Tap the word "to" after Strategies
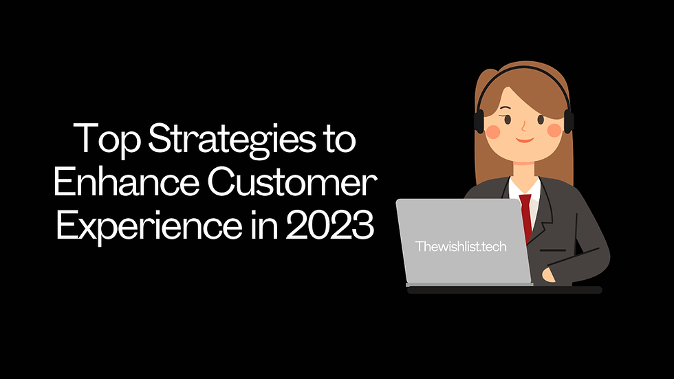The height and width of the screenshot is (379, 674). tap(338, 140)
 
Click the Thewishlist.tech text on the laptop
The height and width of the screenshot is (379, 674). tap(461, 246)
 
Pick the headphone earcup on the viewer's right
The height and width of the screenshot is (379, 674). tap(568, 121)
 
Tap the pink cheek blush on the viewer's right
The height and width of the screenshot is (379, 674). tap(554, 128)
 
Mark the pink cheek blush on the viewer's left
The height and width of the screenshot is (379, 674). tap(494, 129)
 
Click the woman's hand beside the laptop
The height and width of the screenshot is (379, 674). tap(549, 275)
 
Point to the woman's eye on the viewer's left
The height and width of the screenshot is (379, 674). tap(508, 119)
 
